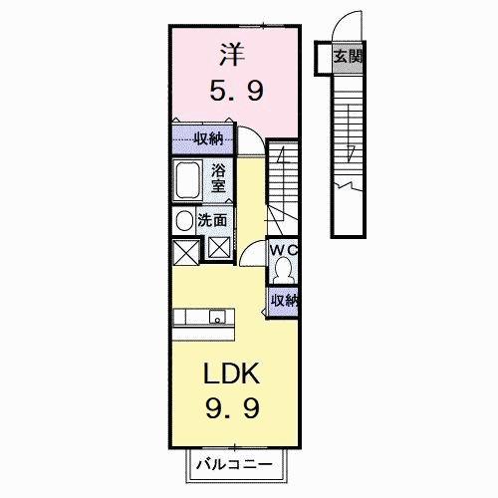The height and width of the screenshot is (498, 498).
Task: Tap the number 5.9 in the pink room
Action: click(x=234, y=92)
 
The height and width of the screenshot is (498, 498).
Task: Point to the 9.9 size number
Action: click(x=233, y=408)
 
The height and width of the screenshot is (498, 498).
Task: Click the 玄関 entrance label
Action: click(x=347, y=57)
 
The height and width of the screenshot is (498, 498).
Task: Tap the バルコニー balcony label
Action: click(x=238, y=463)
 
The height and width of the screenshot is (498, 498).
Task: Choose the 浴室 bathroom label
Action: click(x=218, y=178)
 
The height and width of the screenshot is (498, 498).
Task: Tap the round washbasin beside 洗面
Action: click(x=184, y=221)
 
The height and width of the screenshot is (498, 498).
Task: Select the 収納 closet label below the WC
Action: click(x=284, y=299)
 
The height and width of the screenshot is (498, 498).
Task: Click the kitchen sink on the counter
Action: click(x=218, y=318)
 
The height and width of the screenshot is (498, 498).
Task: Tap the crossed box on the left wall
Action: click(x=184, y=252)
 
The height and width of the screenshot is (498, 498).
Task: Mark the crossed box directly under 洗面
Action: click(x=218, y=248)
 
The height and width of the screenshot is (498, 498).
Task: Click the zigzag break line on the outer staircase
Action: click(x=348, y=186)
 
